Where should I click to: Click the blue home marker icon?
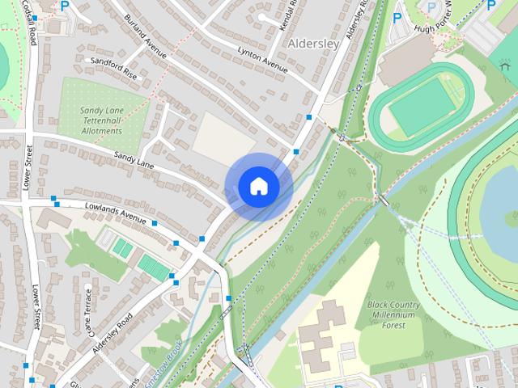pos(258,187)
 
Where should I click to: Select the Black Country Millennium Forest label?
pos(394,315)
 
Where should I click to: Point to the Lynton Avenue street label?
pos(261,61)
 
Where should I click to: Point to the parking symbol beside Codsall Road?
pos(65,5)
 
